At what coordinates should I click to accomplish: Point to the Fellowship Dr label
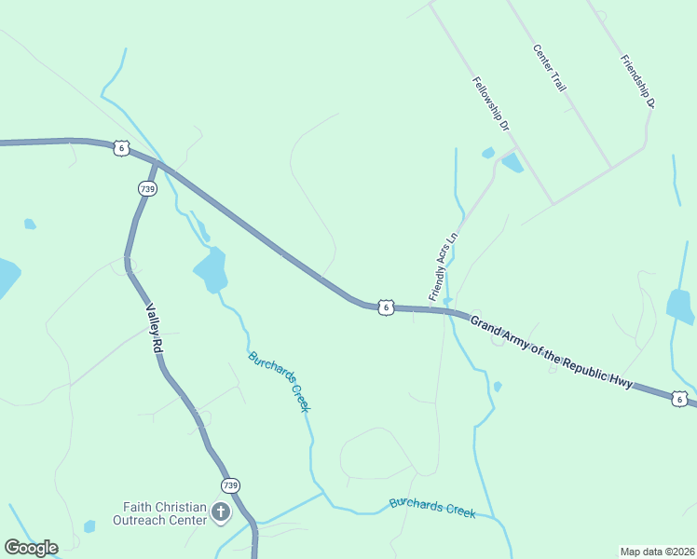pos(492,102)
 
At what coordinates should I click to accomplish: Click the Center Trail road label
pos(551,68)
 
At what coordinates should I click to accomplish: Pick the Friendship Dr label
pos(638,81)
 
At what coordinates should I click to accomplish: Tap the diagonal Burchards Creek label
pos(279,381)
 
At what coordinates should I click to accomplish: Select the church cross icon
pos(221,512)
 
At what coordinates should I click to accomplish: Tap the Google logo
pos(31,548)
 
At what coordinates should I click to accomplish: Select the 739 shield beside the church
pos(230,485)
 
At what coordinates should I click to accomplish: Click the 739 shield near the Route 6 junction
pos(146,188)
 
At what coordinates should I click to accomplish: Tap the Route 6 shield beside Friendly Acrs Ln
pos(386,307)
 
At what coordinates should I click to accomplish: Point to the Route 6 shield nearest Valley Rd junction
pos(121,147)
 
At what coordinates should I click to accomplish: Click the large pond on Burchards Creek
pos(212,270)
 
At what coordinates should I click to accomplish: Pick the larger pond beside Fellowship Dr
pos(512,163)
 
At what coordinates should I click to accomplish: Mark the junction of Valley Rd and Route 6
pos(157,165)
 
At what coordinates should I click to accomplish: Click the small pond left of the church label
pos(89,526)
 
